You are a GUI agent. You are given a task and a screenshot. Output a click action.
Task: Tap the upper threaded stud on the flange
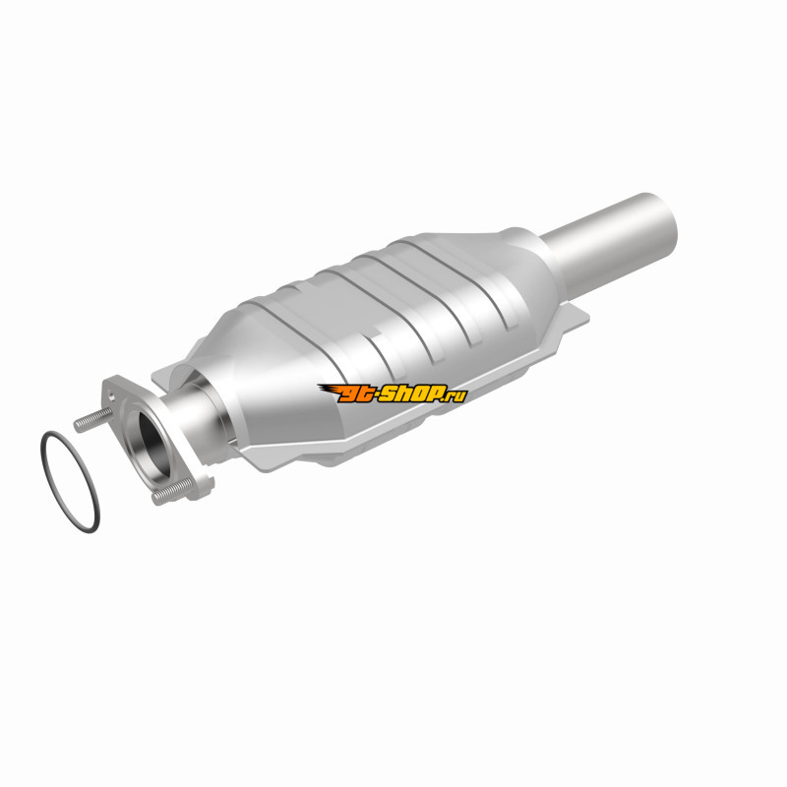(x=93, y=419)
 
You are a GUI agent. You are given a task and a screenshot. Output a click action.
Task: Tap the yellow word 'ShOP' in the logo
(x=412, y=393)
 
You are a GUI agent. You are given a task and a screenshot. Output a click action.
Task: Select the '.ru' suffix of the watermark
(x=455, y=395)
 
